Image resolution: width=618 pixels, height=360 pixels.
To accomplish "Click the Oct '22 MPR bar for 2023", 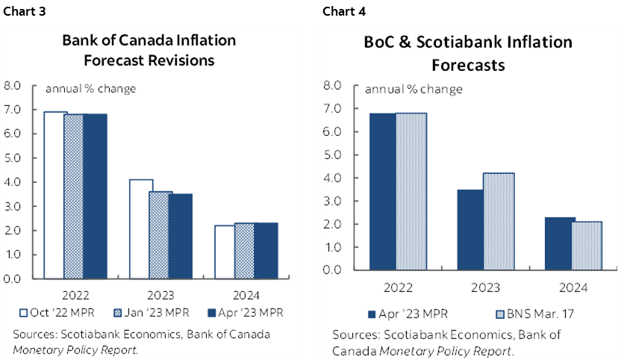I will coord(140,229).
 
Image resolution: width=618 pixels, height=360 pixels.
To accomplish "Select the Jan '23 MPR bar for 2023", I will coord(160,235).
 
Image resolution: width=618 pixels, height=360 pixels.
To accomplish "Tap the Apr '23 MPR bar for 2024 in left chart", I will coord(265,250).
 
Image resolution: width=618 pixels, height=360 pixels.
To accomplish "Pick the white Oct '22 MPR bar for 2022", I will coord(55,195).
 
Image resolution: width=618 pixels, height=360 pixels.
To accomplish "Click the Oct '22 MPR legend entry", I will coord(54,311).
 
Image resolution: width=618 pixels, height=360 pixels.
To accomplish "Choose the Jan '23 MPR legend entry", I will coord(144,311).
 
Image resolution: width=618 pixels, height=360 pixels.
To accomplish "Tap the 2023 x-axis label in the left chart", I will coord(160,294).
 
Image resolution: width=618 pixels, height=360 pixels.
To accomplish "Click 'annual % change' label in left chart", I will coord(91,89).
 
